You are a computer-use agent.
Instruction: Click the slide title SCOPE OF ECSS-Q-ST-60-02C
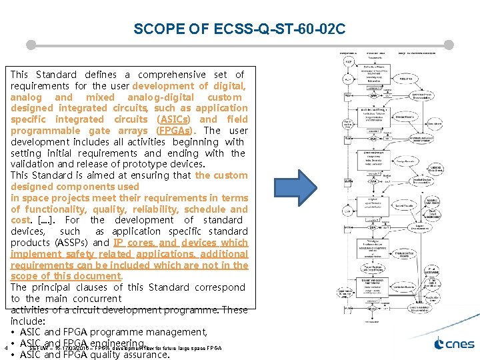[x=239, y=29]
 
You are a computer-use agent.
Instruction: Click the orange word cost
[x=20, y=220]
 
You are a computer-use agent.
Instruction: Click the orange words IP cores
[x=133, y=243]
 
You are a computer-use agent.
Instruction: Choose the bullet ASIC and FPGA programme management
[x=113, y=332]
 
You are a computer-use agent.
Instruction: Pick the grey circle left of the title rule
[x=30, y=45]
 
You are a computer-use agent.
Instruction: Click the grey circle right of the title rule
[x=449, y=45]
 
